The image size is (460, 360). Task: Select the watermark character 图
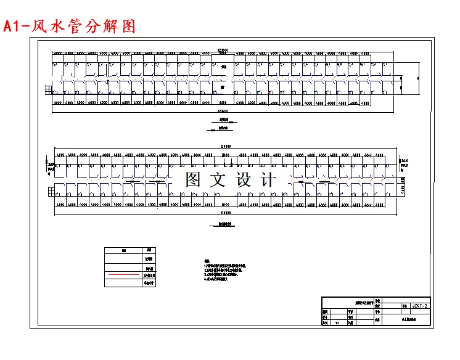pyautogui.click(x=194, y=180)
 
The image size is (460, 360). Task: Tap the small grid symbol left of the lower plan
pyautogui.click(x=51, y=192)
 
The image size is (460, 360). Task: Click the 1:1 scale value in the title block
pyautogui.click(x=337, y=322)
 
